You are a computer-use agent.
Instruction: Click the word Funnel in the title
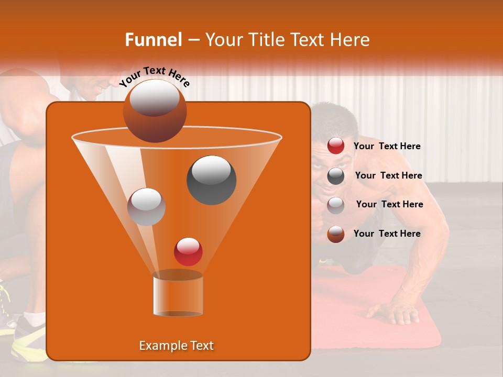coord(154,40)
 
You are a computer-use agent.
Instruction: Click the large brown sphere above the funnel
coord(155,110)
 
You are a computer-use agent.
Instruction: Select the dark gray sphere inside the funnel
coord(211,180)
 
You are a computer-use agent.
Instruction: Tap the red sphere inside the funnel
coord(188,251)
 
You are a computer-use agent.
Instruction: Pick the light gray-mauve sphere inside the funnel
coord(146,206)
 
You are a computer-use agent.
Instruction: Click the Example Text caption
coord(177,346)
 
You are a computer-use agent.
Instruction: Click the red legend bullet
coord(336,146)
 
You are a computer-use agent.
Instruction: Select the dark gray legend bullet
coord(336,176)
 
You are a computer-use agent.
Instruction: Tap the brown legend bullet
coord(336,234)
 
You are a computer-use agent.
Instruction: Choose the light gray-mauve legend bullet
coord(336,205)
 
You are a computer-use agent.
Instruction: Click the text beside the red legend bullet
coord(387,147)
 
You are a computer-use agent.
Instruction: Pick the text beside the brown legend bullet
coord(387,234)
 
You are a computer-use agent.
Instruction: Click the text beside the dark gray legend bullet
coord(388,175)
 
